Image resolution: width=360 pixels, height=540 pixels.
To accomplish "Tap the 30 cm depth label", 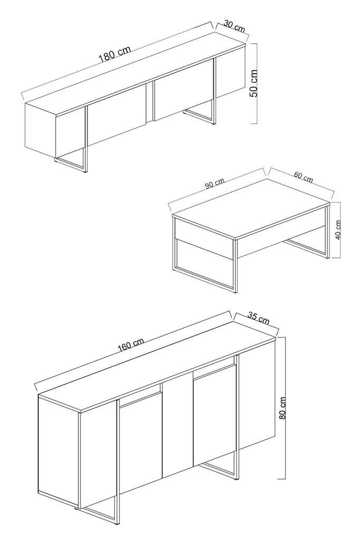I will pos(235,26).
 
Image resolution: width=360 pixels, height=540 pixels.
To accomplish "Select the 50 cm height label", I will pos(254,83).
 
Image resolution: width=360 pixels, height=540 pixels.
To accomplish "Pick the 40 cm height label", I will pos(338,229).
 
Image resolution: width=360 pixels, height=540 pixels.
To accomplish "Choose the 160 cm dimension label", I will pos(131,346).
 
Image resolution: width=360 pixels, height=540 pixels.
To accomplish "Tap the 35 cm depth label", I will pos(258,318).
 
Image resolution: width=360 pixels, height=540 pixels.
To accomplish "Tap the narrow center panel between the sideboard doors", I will pos(177,430).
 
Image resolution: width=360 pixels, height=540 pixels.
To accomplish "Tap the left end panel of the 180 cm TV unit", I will pos(40,129).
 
